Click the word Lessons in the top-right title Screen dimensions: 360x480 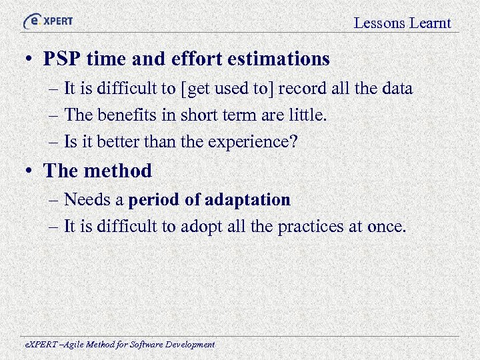379,23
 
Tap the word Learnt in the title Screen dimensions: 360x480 430,23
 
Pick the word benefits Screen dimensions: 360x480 124,115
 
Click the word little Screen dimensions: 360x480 307,115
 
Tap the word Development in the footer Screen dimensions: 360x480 189,345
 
